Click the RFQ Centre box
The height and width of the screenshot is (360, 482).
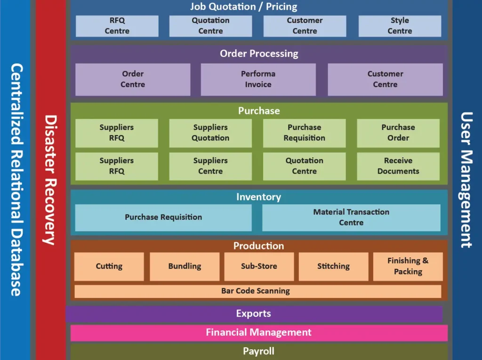(x=117, y=26)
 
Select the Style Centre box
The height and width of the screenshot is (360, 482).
(x=400, y=26)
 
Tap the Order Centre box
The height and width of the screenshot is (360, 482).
(x=133, y=79)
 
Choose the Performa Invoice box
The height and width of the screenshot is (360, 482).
(x=258, y=79)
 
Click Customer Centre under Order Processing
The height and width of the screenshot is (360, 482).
(x=385, y=79)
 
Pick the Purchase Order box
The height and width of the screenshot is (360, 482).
(x=398, y=133)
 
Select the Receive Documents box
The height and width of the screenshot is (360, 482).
(x=398, y=166)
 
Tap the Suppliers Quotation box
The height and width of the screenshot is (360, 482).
(x=210, y=133)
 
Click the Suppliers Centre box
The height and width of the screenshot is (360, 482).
(x=210, y=166)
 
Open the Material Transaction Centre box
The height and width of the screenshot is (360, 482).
(x=351, y=217)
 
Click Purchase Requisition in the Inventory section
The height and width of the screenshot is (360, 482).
(x=163, y=217)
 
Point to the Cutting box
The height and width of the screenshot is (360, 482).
(x=109, y=266)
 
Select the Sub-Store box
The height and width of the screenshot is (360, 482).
(x=259, y=266)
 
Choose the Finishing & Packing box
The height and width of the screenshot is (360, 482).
(x=408, y=266)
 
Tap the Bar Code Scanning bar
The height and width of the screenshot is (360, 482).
(x=257, y=291)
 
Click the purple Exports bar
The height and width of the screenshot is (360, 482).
(x=254, y=314)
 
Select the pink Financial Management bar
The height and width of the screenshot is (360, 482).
(x=259, y=333)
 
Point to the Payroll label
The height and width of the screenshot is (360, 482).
(x=258, y=351)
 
